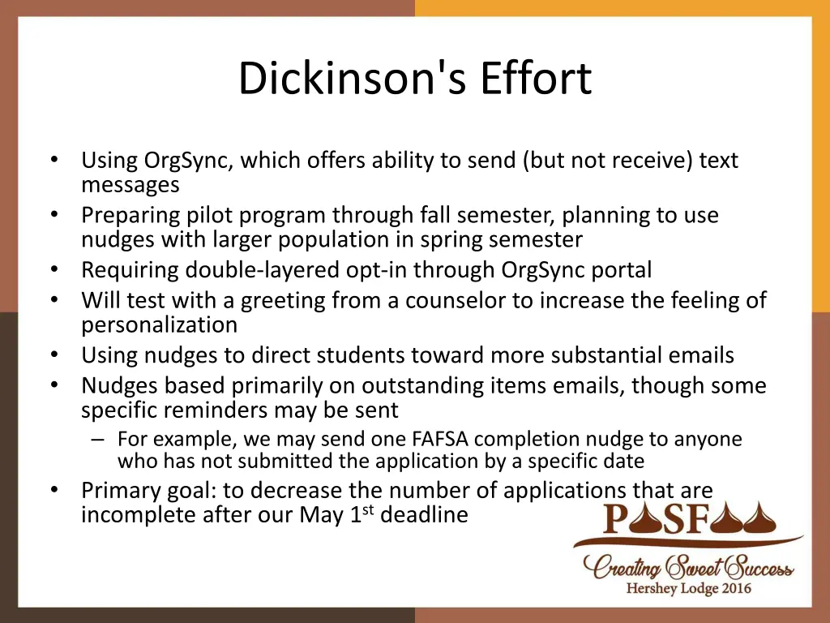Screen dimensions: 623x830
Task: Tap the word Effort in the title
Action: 536,79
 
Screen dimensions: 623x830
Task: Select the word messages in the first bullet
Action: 130,185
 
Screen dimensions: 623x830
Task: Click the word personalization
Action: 159,324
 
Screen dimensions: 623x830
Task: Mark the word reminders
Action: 226,410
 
